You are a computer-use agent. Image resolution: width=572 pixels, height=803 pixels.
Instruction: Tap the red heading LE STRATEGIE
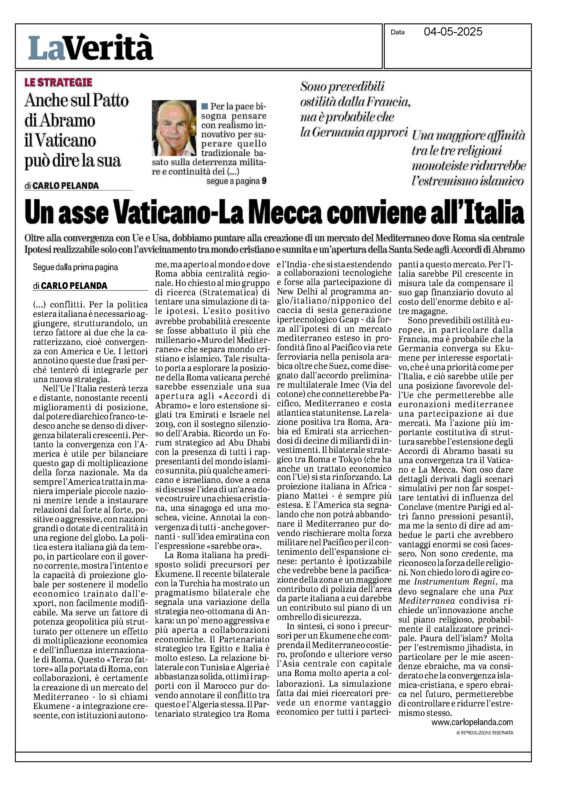click(x=58, y=83)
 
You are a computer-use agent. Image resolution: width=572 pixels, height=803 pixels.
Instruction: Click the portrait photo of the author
click(x=174, y=128)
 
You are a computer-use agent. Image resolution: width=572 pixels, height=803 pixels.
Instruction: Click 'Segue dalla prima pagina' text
click(x=75, y=267)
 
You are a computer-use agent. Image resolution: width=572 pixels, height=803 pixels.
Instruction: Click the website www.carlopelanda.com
click(x=472, y=722)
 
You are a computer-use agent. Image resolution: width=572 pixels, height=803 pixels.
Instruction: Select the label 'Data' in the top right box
click(x=397, y=32)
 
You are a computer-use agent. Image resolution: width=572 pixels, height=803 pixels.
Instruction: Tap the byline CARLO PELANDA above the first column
click(x=74, y=285)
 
